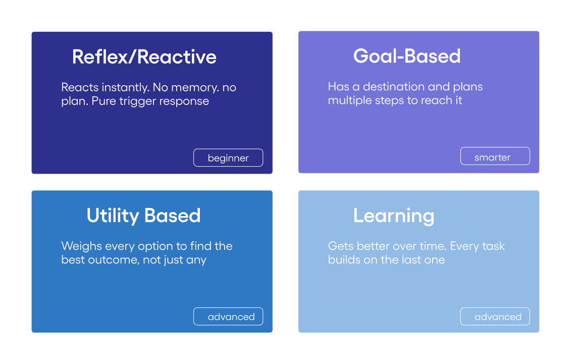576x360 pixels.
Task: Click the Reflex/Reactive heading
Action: [x=144, y=57]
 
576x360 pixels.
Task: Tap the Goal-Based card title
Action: [x=407, y=56]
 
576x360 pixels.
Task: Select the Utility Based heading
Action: [x=143, y=216]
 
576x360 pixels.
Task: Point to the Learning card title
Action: [x=393, y=216]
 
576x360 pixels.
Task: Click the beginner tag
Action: [x=228, y=158]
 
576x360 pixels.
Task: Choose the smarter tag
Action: [x=495, y=156]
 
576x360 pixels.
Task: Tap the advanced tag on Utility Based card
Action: [x=228, y=316]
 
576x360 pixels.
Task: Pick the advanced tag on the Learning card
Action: [x=495, y=316]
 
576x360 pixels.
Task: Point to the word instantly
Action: [x=125, y=88]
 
